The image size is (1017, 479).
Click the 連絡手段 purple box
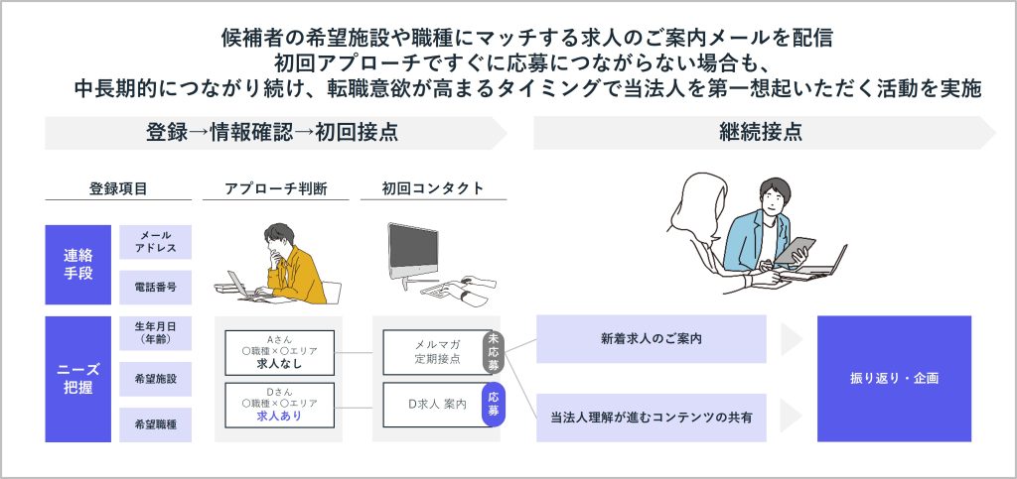pyautogui.click(x=77, y=265)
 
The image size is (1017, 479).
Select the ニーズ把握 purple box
pyautogui.click(x=77, y=379)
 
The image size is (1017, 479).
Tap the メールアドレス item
pyautogui.click(x=156, y=242)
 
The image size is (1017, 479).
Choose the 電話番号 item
pyautogui.click(x=156, y=288)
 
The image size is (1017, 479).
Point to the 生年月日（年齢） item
pyautogui.click(x=156, y=332)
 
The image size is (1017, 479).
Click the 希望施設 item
pyautogui.click(x=156, y=379)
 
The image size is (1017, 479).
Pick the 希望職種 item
pyautogui.click(x=156, y=424)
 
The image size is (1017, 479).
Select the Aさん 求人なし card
pyautogui.click(x=279, y=353)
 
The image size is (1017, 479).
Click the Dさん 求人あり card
pyautogui.click(x=279, y=406)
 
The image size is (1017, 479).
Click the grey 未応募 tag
pyautogui.click(x=494, y=353)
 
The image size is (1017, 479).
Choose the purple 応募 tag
pyautogui.click(x=494, y=405)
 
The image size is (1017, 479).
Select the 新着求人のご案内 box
pyautogui.click(x=652, y=339)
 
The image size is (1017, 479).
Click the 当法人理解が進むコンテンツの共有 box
pyautogui.click(x=652, y=418)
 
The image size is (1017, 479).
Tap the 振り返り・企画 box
pyautogui.click(x=894, y=379)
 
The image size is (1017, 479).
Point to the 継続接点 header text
pyautogui.click(x=761, y=133)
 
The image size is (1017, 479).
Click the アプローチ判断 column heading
pyautogui.click(x=276, y=189)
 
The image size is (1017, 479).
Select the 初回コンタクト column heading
pyautogui.click(x=433, y=188)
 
